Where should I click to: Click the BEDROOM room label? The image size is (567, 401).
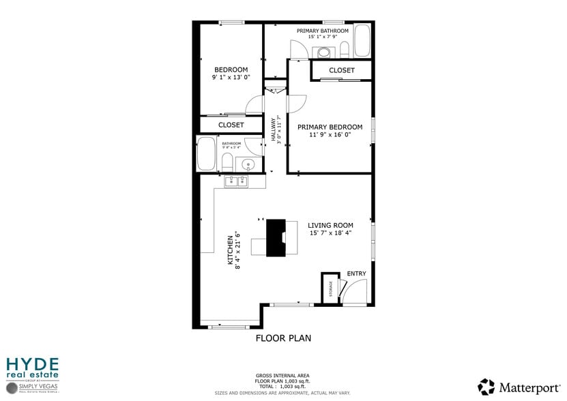pyautogui.click(x=231, y=70)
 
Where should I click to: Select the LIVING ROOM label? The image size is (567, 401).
pyautogui.click(x=330, y=225)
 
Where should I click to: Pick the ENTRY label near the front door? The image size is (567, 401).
pyautogui.click(x=356, y=273)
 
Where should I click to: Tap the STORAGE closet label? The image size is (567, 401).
pyautogui.click(x=331, y=289)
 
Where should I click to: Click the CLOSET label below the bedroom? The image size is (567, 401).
pyautogui.click(x=231, y=125)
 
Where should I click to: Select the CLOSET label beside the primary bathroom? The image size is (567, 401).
pyautogui.click(x=341, y=70)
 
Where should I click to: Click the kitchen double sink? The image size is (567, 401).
pyautogui.click(x=236, y=181)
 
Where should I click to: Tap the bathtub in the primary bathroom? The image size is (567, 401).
pyautogui.click(x=362, y=41)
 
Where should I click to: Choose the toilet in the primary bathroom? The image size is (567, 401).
pyautogui.click(x=345, y=49)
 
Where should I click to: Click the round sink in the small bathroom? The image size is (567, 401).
pyautogui.click(x=248, y=164)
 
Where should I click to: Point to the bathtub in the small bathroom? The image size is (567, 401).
pyautogui.click(x=205, y=154)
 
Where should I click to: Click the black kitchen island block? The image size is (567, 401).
pyautogui.click(x=276, y=237)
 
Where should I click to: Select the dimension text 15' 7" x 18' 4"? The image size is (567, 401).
pyautogui.click(x=330, y=233)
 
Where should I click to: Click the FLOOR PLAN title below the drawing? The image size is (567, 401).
pyautogui.click(x=283, y=338)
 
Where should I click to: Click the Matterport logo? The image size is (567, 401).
pyautogui.click(x=515, y=387)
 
